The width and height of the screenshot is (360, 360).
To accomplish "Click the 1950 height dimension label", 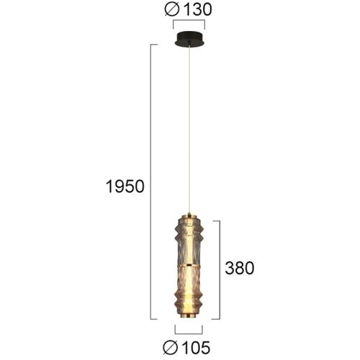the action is [x=125, y=186].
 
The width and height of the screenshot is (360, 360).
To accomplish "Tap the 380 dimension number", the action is [x=240, y=268].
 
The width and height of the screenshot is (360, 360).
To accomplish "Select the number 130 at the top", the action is [x=197, y=9].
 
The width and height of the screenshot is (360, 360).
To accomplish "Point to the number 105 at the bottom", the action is [x=196, y=348].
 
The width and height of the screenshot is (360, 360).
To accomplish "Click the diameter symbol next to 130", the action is [x=172, y=9].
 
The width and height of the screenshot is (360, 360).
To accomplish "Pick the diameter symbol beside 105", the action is [x=171, y=348].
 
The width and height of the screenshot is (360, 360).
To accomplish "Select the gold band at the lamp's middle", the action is [x=189, y=266].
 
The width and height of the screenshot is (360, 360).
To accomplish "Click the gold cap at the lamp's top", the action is [x=189, y=215].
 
